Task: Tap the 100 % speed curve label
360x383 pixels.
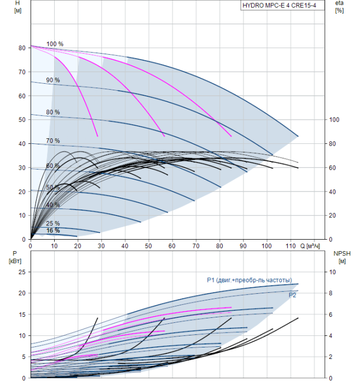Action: point(55,44)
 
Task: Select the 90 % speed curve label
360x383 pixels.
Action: point(53,80)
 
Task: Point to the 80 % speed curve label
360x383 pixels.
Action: point(53,112)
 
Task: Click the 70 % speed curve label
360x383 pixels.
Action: point(53,141)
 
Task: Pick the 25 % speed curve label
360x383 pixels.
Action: point(53,223)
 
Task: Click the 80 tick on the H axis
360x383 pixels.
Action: point(22,48)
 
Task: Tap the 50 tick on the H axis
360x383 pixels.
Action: point(22,120)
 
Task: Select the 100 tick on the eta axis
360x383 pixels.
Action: point(334,120)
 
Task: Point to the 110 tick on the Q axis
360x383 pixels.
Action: point(291,246)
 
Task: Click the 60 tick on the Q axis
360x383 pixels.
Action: point(172,246)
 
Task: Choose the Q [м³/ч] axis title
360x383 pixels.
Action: point(310,246)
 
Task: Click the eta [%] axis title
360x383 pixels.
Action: point(340,7)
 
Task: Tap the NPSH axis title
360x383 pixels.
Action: point(342,257)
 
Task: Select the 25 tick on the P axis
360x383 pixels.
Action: point(22,272)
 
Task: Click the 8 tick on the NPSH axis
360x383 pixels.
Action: point(330,293)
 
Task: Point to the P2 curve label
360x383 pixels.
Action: point(292,295)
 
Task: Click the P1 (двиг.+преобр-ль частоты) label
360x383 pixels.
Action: point(249,280)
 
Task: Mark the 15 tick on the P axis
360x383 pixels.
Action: point(22,315)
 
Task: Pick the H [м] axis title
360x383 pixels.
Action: point(18,7)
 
